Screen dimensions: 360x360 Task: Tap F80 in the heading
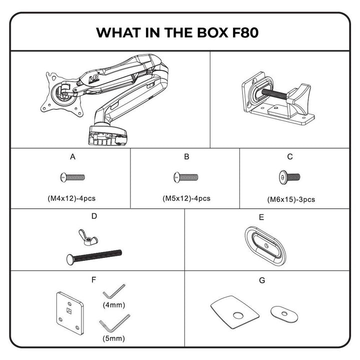point(245,32)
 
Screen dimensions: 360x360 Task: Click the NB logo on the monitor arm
point(93,78)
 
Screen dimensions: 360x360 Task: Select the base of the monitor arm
point(107,136)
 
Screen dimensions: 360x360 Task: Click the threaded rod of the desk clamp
point(274,93)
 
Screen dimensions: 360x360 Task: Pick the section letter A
point(72,157)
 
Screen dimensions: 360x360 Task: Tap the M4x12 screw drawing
point(72,177)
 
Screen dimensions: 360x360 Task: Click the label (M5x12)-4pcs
point(186,198)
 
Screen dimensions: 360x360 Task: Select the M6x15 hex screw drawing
point(289,177)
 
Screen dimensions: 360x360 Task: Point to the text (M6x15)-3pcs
point(291,199)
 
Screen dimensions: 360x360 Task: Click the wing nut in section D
point(88,237)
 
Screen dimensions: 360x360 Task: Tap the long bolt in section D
point(94,257)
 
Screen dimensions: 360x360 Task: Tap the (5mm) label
point(113,338)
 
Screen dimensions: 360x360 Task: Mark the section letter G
point(262,280)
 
